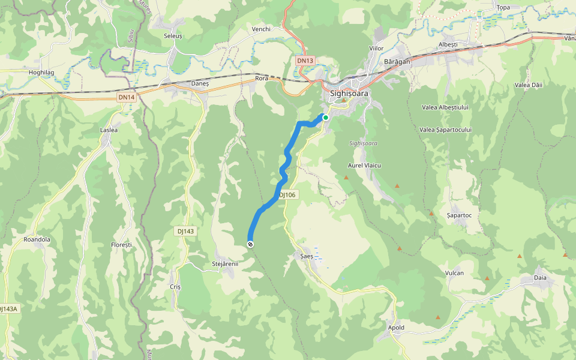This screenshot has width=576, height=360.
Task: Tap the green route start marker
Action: click(x=325, y=118)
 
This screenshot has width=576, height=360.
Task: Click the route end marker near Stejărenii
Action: click(x=250, y=244)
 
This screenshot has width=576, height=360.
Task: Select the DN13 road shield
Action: click(x=305, y=61)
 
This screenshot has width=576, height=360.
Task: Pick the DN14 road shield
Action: click(x=126, y=97)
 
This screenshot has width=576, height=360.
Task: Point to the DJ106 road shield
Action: click(x=288, y=195)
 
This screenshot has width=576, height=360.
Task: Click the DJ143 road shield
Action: click(x=186, y=231)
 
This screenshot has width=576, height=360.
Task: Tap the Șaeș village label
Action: click(x=307, y=256)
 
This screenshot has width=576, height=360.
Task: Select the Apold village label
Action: click(x=396, y=328)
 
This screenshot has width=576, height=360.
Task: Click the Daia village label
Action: click(x=541, y=278)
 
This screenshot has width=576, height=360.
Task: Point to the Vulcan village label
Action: click(x=455, y=273)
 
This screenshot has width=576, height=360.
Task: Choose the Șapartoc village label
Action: click(x=460, y=215)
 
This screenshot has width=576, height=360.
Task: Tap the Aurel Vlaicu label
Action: click(x=365, y=165)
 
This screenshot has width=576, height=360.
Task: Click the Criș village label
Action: click(x=175, y=287)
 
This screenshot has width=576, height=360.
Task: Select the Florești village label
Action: click(x=121, y=245)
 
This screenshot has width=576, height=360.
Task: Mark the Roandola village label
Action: click(x=37, y=239)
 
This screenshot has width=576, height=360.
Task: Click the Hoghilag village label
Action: click(x=42, y=72)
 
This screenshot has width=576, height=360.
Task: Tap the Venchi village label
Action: click(x=262, y=29)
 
